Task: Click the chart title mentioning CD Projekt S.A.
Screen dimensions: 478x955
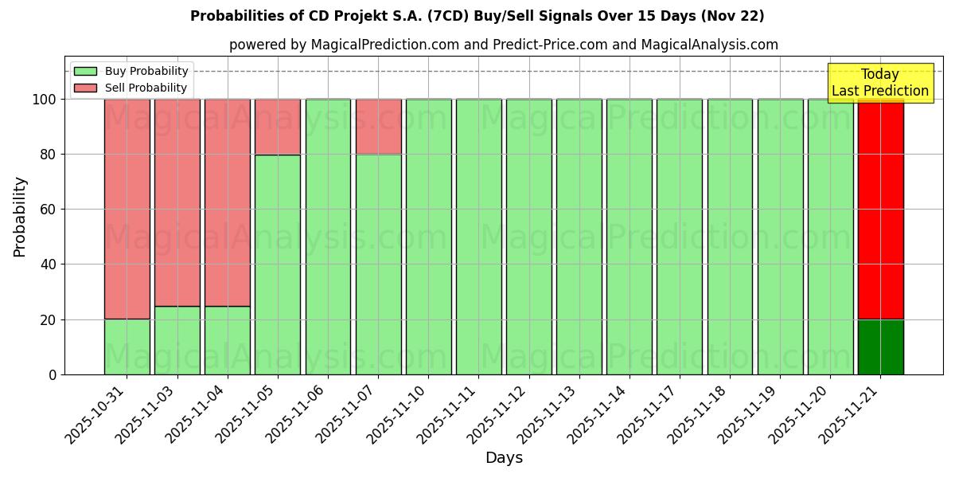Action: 477,16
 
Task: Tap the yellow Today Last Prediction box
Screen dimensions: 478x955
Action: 879,83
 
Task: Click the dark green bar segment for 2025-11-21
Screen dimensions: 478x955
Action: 880,347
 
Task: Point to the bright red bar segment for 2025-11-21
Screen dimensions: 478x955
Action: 880,209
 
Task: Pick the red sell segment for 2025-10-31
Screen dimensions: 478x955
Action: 127,209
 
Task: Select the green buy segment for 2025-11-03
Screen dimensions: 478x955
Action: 177,340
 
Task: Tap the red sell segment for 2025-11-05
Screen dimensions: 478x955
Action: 278,127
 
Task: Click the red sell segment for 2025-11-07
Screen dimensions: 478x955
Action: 378,127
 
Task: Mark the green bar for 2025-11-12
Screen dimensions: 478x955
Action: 528,237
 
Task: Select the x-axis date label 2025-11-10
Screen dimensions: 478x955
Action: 398,414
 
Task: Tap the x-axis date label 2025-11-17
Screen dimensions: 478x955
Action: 649,414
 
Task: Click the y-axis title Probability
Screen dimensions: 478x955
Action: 20,216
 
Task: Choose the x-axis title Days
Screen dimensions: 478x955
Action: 504,458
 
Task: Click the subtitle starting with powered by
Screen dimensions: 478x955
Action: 503,45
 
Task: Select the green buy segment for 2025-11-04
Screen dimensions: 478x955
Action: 228,340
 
